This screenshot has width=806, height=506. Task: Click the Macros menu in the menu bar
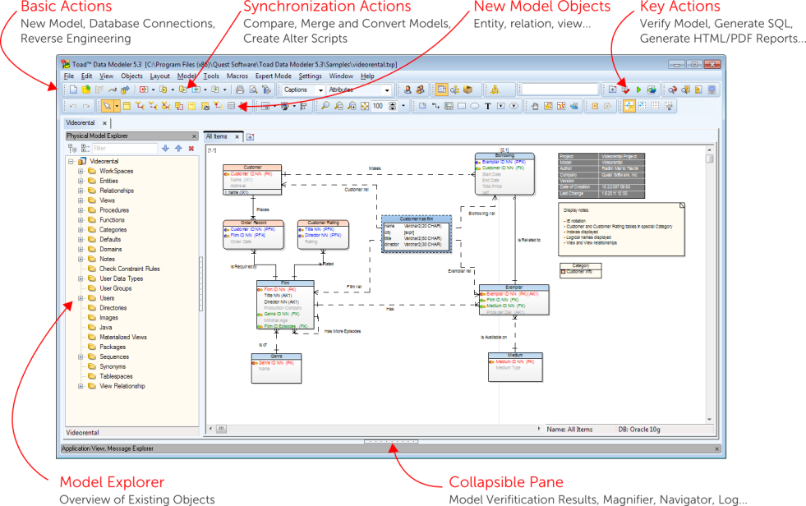(x=237, y=76)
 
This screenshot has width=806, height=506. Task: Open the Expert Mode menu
(x=273, y=76)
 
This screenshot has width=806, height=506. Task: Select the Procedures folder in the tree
(x=114, y=210)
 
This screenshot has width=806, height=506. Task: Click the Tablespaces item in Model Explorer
(x=116, y=376)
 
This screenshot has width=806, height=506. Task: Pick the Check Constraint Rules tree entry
(x=130, y=269)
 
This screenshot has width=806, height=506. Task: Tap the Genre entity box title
(x=277, y=356)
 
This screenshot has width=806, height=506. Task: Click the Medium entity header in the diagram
(x=515, y=356)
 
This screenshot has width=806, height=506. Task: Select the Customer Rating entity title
(x=323, y=223)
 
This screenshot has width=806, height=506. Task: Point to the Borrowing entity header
(x=504, y=155)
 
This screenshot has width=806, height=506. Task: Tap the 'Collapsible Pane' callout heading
(x=505, y=482)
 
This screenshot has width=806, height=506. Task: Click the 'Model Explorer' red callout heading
(x=112, y=482)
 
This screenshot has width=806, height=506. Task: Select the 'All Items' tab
(x=218, y=136)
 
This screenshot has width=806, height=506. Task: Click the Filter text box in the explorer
(x=123, y=149)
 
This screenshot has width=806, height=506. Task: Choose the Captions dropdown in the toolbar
(x=302, y=90)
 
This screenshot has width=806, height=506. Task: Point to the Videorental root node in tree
(x=104, y=161)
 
